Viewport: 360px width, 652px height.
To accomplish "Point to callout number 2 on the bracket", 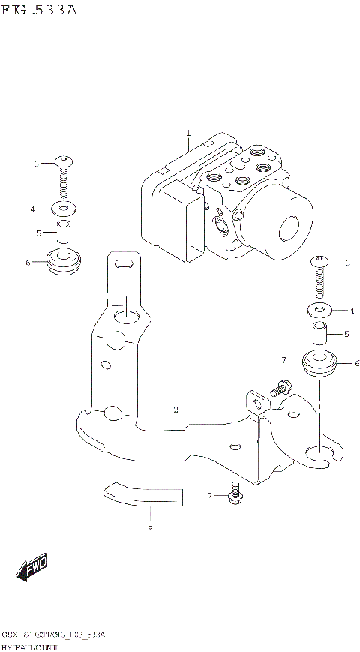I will tap(175, 410).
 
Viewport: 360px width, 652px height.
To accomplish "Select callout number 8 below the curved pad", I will tap(150, 526).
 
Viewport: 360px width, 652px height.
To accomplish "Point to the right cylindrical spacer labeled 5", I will tap(319, 331).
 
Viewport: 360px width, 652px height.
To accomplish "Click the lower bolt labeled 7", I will tap(236, 493).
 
